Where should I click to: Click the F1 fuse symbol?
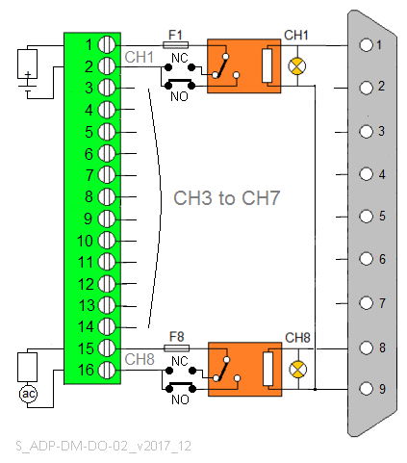click(175, 45)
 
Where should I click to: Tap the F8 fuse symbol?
click(176, 348)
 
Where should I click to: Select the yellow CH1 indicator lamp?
click(297, 66)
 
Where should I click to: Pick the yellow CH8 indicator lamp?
click(298, 369)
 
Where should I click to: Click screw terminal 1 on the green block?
click(107, 44)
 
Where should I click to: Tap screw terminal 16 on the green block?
click(107, 370)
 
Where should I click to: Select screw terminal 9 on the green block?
click(107, 219)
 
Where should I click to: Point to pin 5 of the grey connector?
click(366, 216)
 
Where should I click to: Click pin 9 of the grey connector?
click(366, 389)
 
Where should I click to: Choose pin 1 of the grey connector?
click(366, 45)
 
